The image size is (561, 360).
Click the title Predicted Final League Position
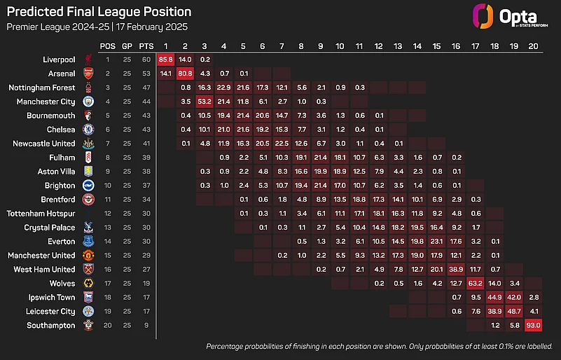click(99, 13)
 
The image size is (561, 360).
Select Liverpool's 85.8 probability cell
click(165, 60)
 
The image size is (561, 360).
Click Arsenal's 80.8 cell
click(185, 74)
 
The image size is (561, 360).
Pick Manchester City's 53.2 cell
click(205, 102)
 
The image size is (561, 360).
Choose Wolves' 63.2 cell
click(475, 284)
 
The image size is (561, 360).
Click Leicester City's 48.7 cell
click(514, 311)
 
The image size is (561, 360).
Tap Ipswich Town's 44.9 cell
click(494, 298)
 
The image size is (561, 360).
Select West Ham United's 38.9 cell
click(456, 270)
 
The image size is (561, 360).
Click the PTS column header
click(146, 46)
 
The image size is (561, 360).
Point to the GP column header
click(127, 46)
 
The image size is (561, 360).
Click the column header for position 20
click(534, 46)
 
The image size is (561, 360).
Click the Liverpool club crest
click(88, 60)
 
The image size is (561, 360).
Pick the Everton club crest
click(88, 242)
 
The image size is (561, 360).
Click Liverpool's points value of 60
click(146, 60)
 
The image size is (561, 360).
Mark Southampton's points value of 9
click(146, 325)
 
